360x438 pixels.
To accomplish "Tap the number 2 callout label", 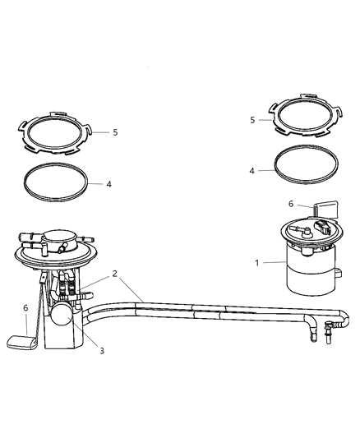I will tap(115, 273).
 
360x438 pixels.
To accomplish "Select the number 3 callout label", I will tap(101, 351).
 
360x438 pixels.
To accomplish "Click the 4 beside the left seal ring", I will tap(108, 184).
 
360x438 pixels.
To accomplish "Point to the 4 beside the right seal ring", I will tap(252, 170).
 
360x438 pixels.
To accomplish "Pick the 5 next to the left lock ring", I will tap(114, 131).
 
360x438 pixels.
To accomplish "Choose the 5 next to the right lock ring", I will tap(252, 119).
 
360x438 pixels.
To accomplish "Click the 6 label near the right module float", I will tap(290, 205).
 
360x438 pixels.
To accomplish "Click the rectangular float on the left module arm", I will tap(21, 340).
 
